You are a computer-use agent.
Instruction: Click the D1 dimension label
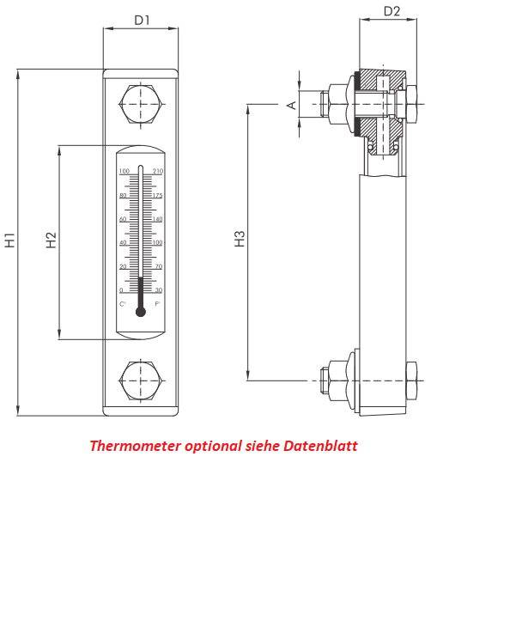142,20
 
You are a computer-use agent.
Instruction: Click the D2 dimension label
392,11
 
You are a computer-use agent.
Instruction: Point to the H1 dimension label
10,240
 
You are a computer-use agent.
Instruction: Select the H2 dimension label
52,240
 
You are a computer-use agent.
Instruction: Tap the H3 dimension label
240,239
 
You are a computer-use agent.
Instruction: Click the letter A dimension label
291,105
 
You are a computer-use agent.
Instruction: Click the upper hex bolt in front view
141,104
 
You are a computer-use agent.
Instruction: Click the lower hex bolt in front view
141,380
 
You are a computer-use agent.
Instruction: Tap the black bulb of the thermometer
141,311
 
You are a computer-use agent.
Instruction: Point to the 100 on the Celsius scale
124,172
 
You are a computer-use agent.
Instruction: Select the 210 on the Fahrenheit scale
158,172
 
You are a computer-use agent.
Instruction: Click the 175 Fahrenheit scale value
158,196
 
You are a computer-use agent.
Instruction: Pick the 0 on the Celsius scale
121,290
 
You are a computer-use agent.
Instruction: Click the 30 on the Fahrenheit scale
158,290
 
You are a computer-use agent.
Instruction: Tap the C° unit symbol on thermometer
123,304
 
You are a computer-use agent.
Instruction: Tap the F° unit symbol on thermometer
158,304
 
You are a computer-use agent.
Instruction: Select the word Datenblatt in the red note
321,447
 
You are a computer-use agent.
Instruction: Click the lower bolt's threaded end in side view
325,380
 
